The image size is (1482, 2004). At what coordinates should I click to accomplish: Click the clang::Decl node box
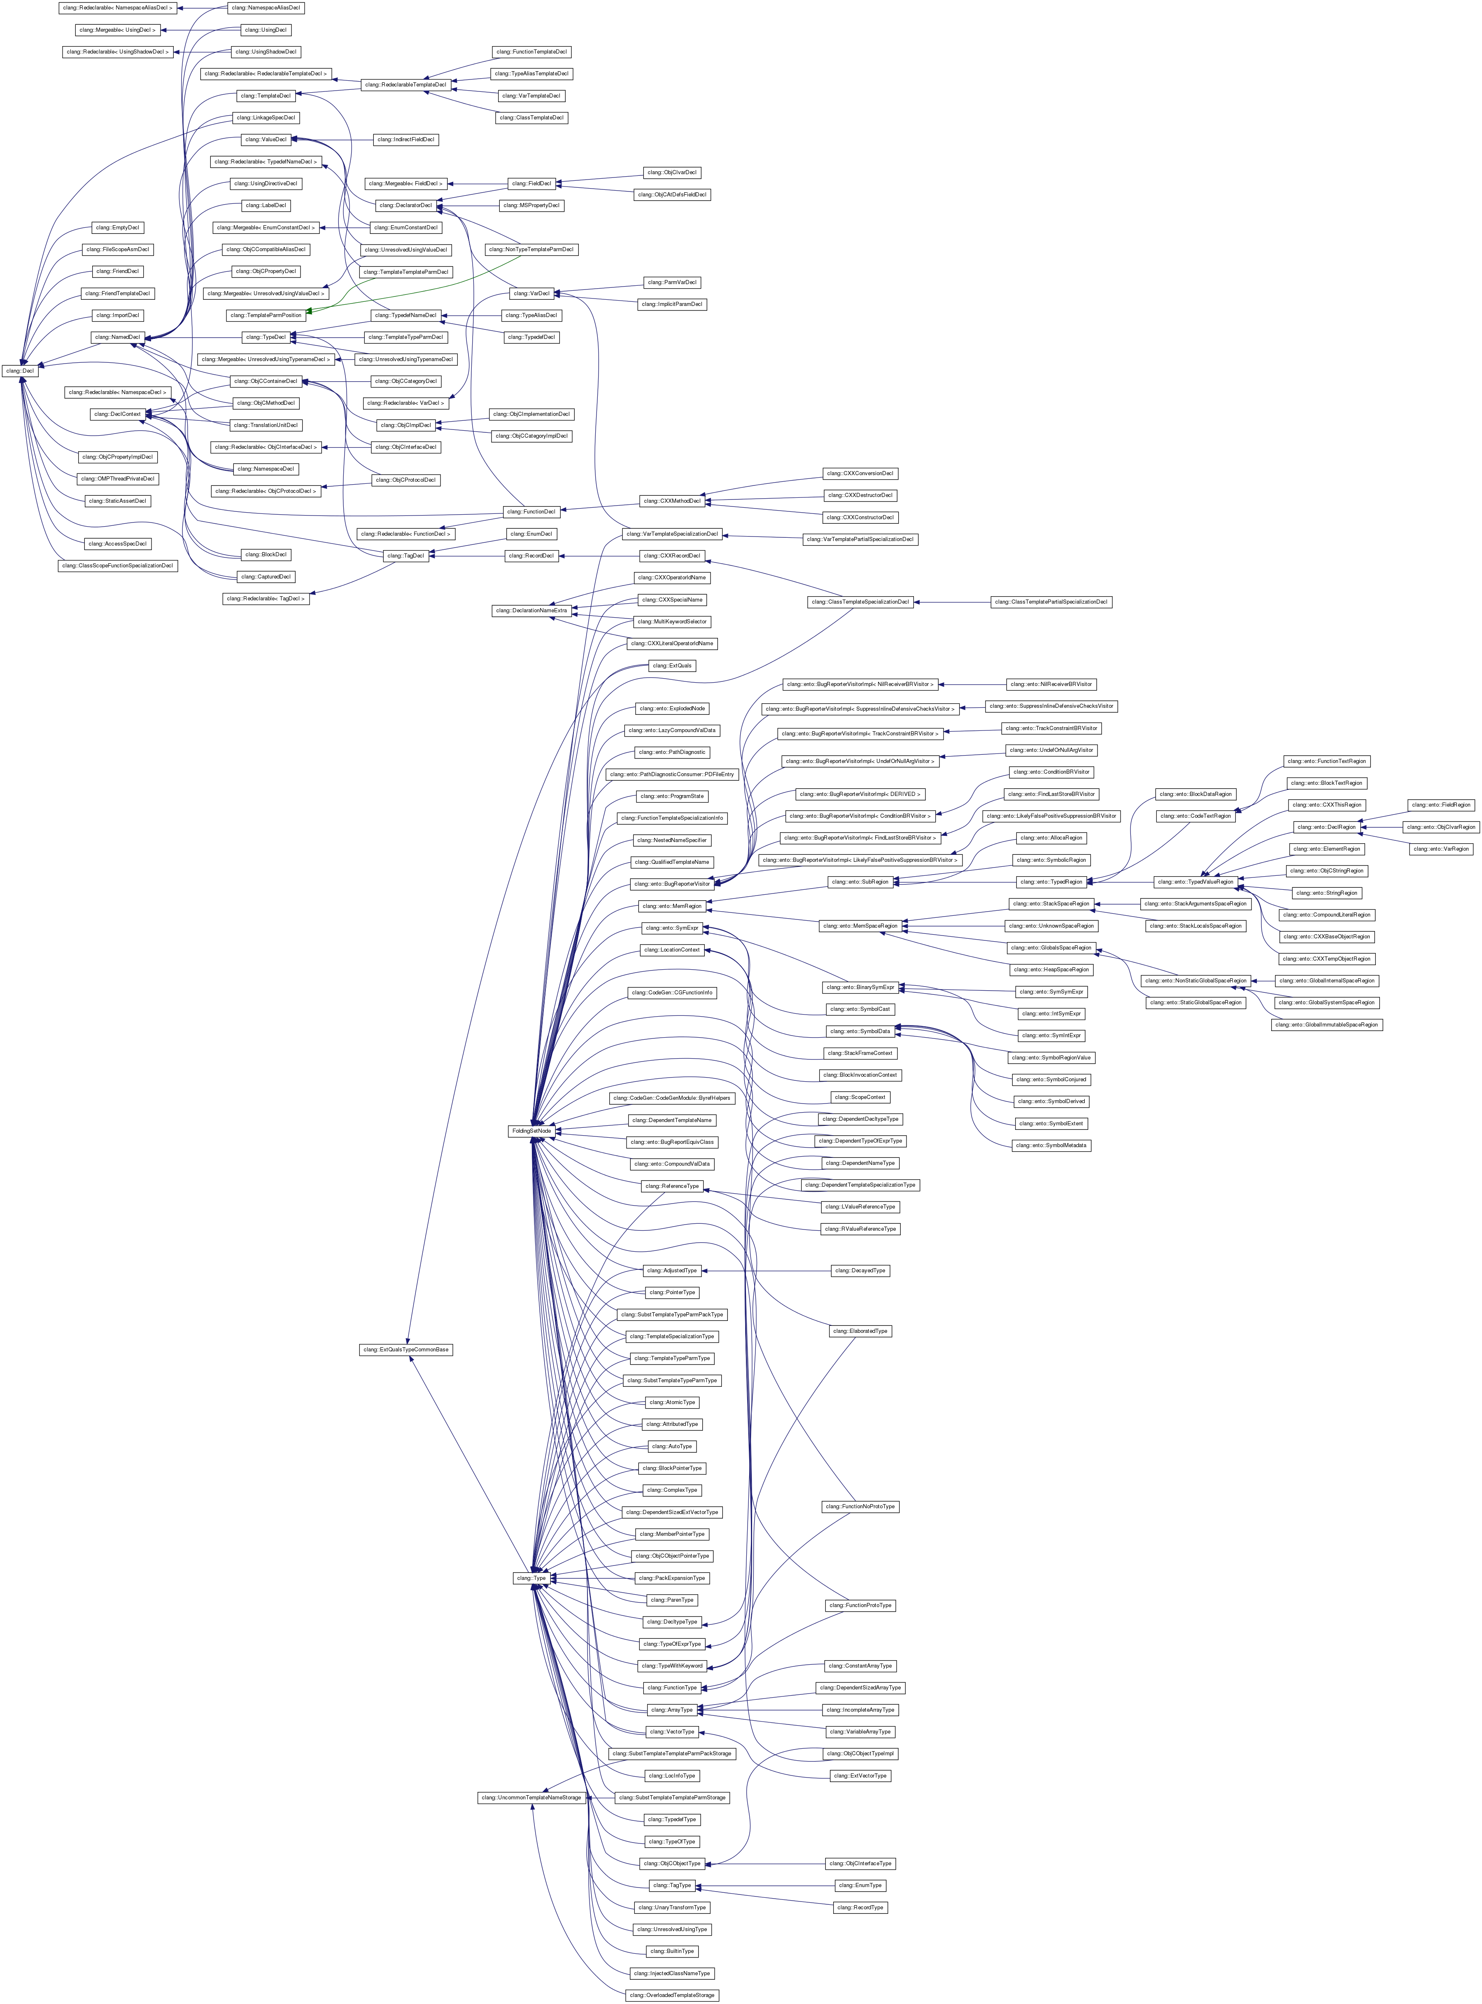(20, 371)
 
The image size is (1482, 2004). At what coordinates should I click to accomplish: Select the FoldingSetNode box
(531, 1130)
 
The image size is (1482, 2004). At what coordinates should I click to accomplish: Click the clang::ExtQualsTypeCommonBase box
(405, 1349)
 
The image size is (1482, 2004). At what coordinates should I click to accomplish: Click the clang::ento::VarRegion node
(1441, 849)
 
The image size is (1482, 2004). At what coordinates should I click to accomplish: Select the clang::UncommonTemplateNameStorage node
(531, 1797)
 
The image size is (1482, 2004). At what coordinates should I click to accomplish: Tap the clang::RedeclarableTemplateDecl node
(405, 84)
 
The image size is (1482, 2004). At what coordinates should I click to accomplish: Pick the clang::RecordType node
(860, 1907)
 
